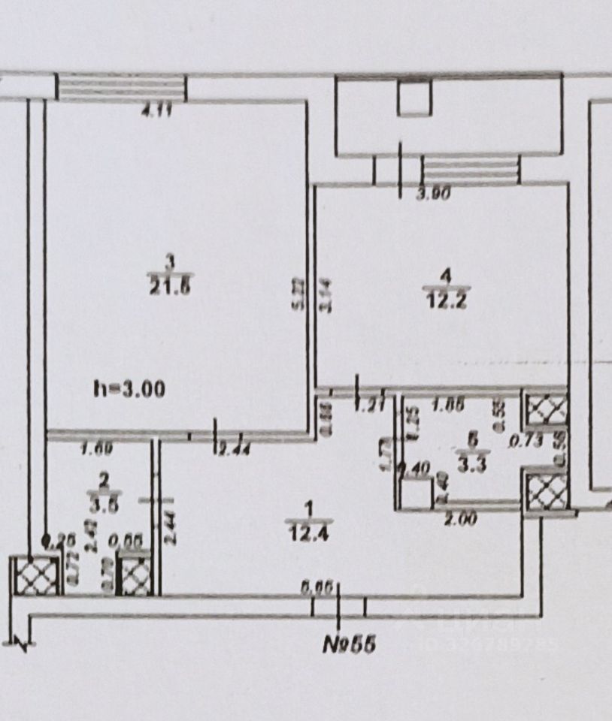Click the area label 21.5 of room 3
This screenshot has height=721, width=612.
[x=169, y=286]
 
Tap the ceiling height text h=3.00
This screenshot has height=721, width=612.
[x=129, y=389]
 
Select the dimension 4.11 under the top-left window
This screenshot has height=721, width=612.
[x=157, y=113]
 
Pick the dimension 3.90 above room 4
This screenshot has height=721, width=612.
[x=432, y=195]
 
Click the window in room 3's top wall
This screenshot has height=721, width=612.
[x=122, y=86]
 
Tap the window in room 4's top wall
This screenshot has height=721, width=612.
[x=470, y=168]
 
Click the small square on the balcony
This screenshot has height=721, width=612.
[x=414, y=98]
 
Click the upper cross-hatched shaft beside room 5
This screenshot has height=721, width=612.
[x=547, y=410]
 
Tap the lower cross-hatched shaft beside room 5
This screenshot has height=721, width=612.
[x=547, y=491]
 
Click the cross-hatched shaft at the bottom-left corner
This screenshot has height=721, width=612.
[x=35, y=577]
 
